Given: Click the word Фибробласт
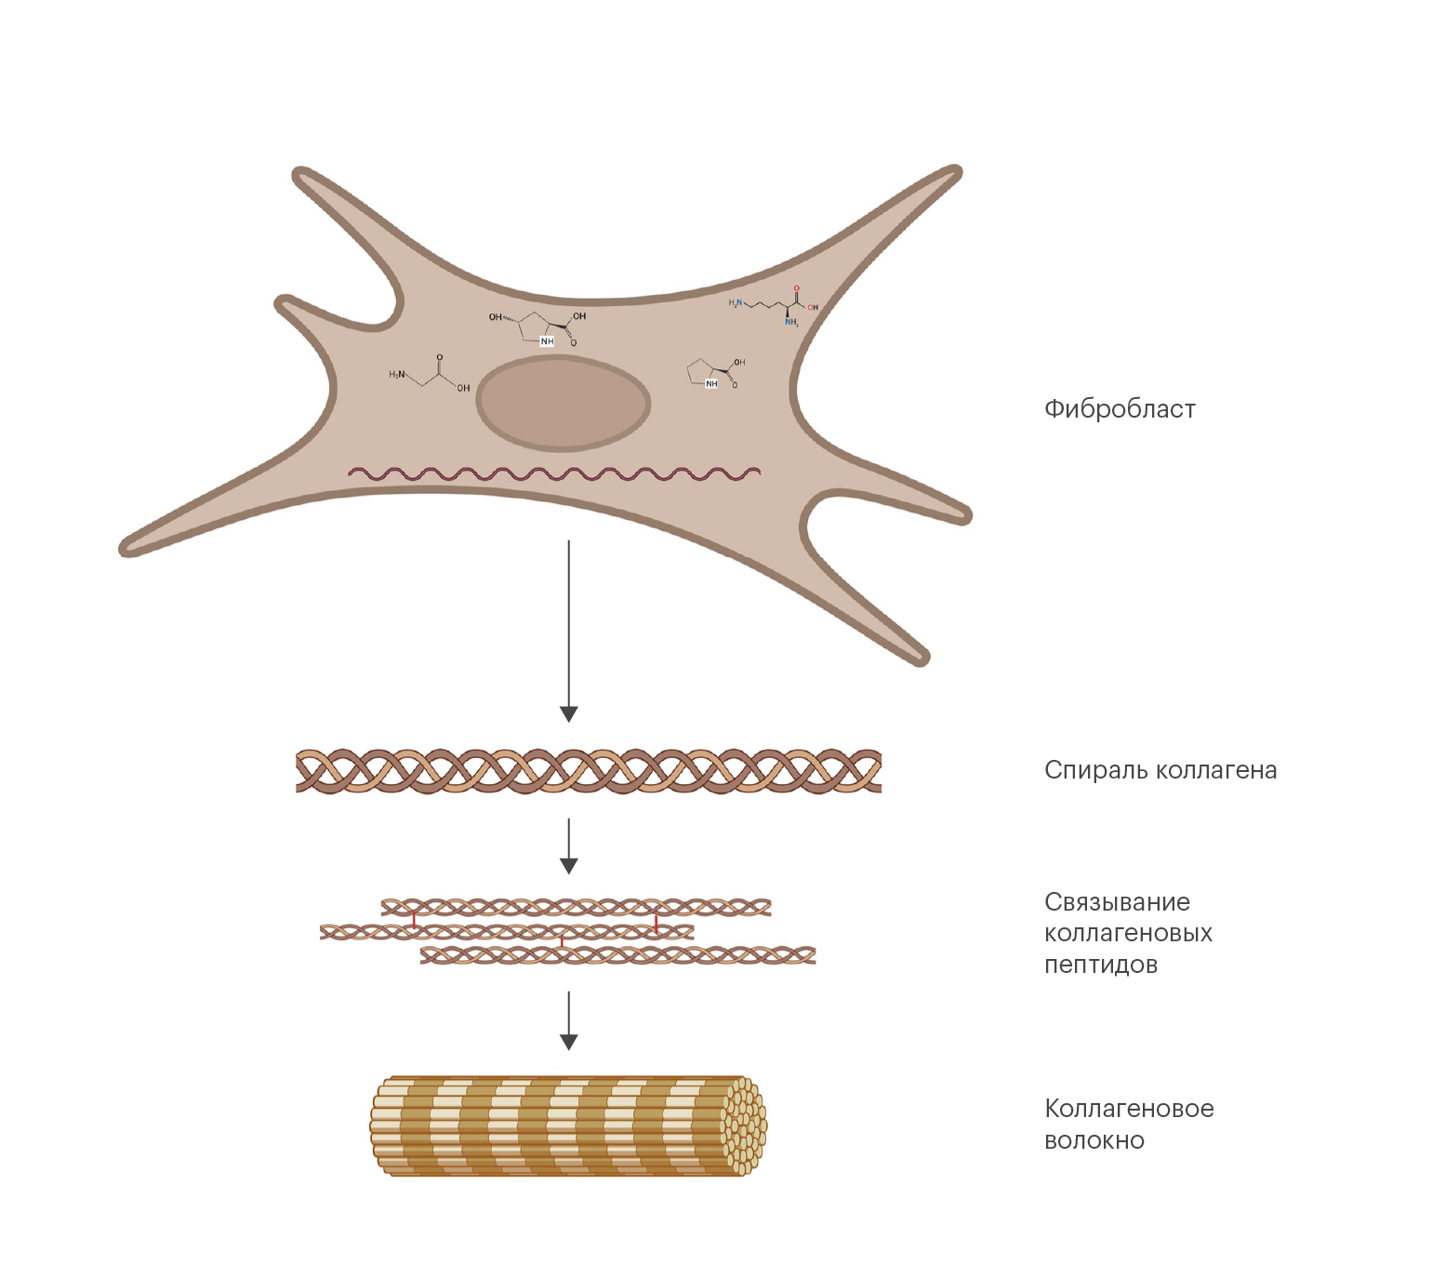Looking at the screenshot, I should click(1119, 409).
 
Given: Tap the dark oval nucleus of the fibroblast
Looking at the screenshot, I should click(563, 404).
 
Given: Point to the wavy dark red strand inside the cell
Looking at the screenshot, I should click(554, 473).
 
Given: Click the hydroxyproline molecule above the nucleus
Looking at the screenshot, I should click(539, 328).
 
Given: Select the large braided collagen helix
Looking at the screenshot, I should click(588, 771).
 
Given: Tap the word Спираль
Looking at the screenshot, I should click(1096, 771).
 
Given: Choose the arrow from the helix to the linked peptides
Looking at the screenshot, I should click(569, 845).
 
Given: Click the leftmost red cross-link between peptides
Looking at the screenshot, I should click(414, 919).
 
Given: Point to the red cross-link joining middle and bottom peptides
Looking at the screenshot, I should click(562, 943).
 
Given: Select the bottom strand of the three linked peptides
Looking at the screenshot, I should click(617, 955).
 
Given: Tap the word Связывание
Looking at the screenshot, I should click(1117, 902).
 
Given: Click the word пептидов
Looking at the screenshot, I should click(1100, 965).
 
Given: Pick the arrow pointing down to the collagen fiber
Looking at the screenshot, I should click(569, 1020).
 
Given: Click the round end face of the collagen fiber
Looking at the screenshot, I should click(745, 1125).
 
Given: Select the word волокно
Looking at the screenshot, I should click(1094, 1140).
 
